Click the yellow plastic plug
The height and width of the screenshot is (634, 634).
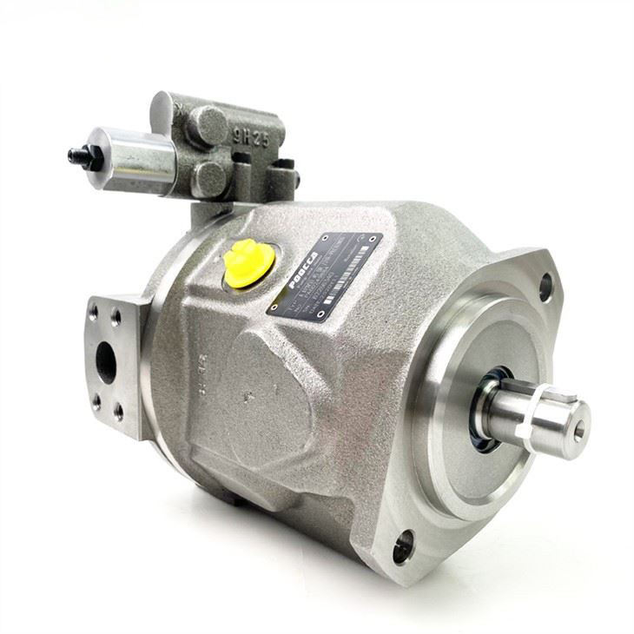[244, 264]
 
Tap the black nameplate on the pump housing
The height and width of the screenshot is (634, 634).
[324, 275]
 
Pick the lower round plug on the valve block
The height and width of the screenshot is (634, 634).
[210, 178]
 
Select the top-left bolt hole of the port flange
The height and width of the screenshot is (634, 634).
[94, 309]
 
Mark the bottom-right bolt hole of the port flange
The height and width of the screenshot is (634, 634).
[118, 415]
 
